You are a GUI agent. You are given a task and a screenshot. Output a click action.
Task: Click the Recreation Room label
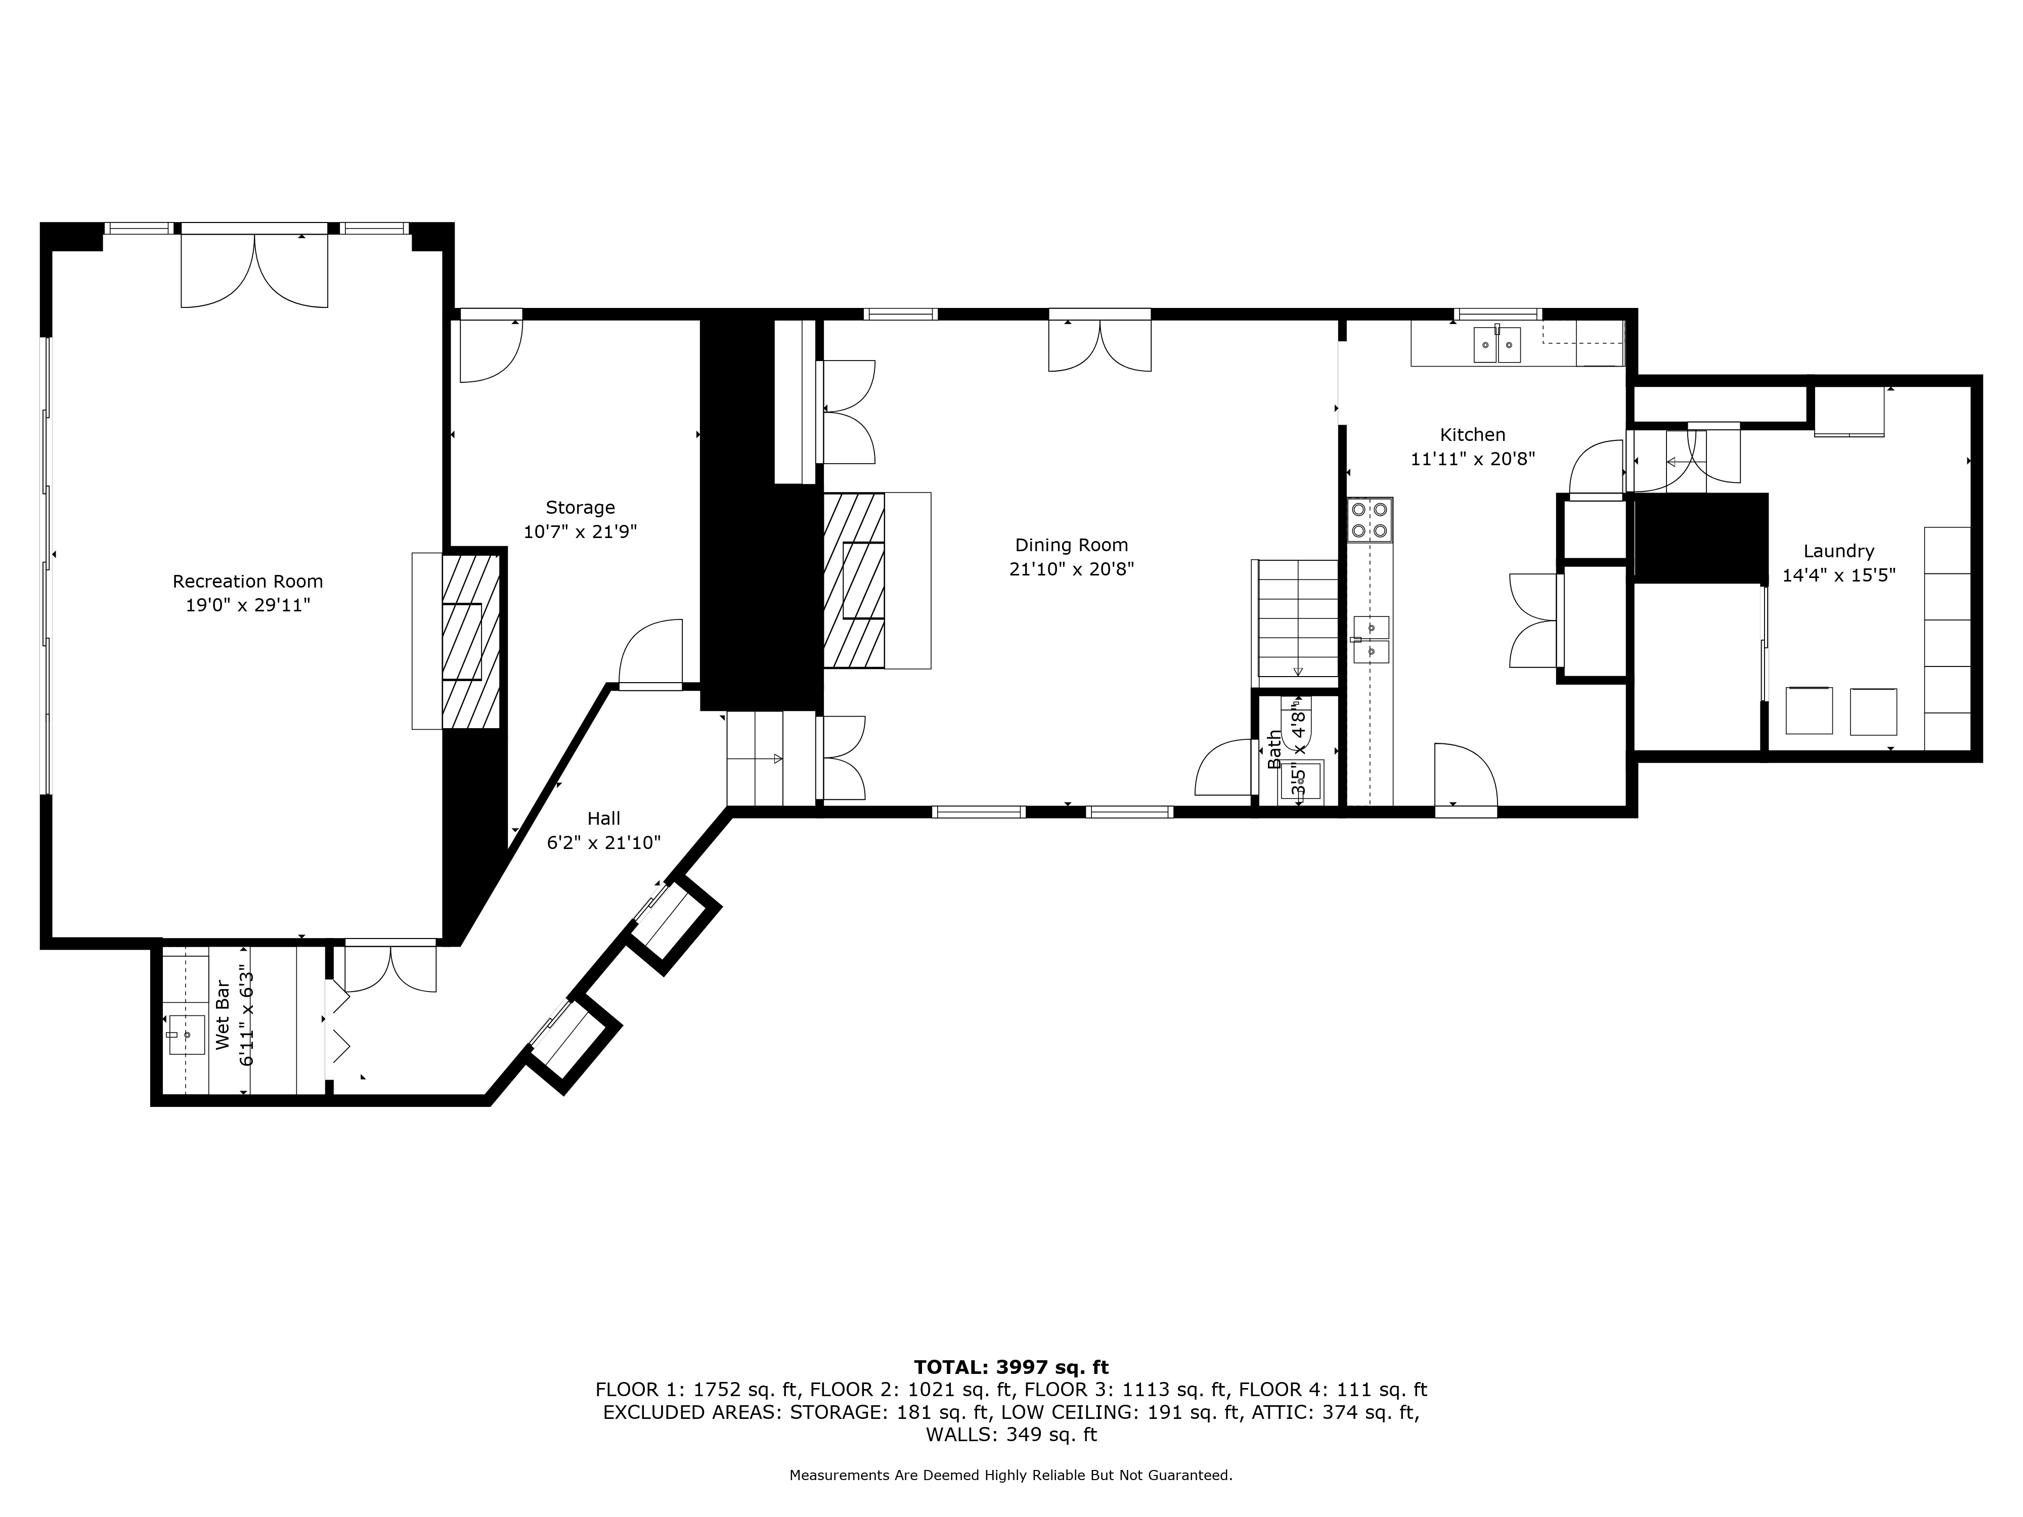point(248,582)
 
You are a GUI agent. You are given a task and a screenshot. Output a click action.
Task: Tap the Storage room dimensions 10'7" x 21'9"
point(580,531)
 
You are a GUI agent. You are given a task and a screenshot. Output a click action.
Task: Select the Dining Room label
point(1072,545)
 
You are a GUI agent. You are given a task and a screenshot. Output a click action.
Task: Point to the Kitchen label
point(1472,435)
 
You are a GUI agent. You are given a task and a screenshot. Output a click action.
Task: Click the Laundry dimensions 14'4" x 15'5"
point(1839,575)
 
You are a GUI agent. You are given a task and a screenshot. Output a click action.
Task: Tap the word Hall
point(603,818)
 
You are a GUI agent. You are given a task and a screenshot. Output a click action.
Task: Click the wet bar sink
point(187,1034)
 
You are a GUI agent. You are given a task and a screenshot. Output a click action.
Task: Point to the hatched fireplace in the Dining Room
point(854,581)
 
